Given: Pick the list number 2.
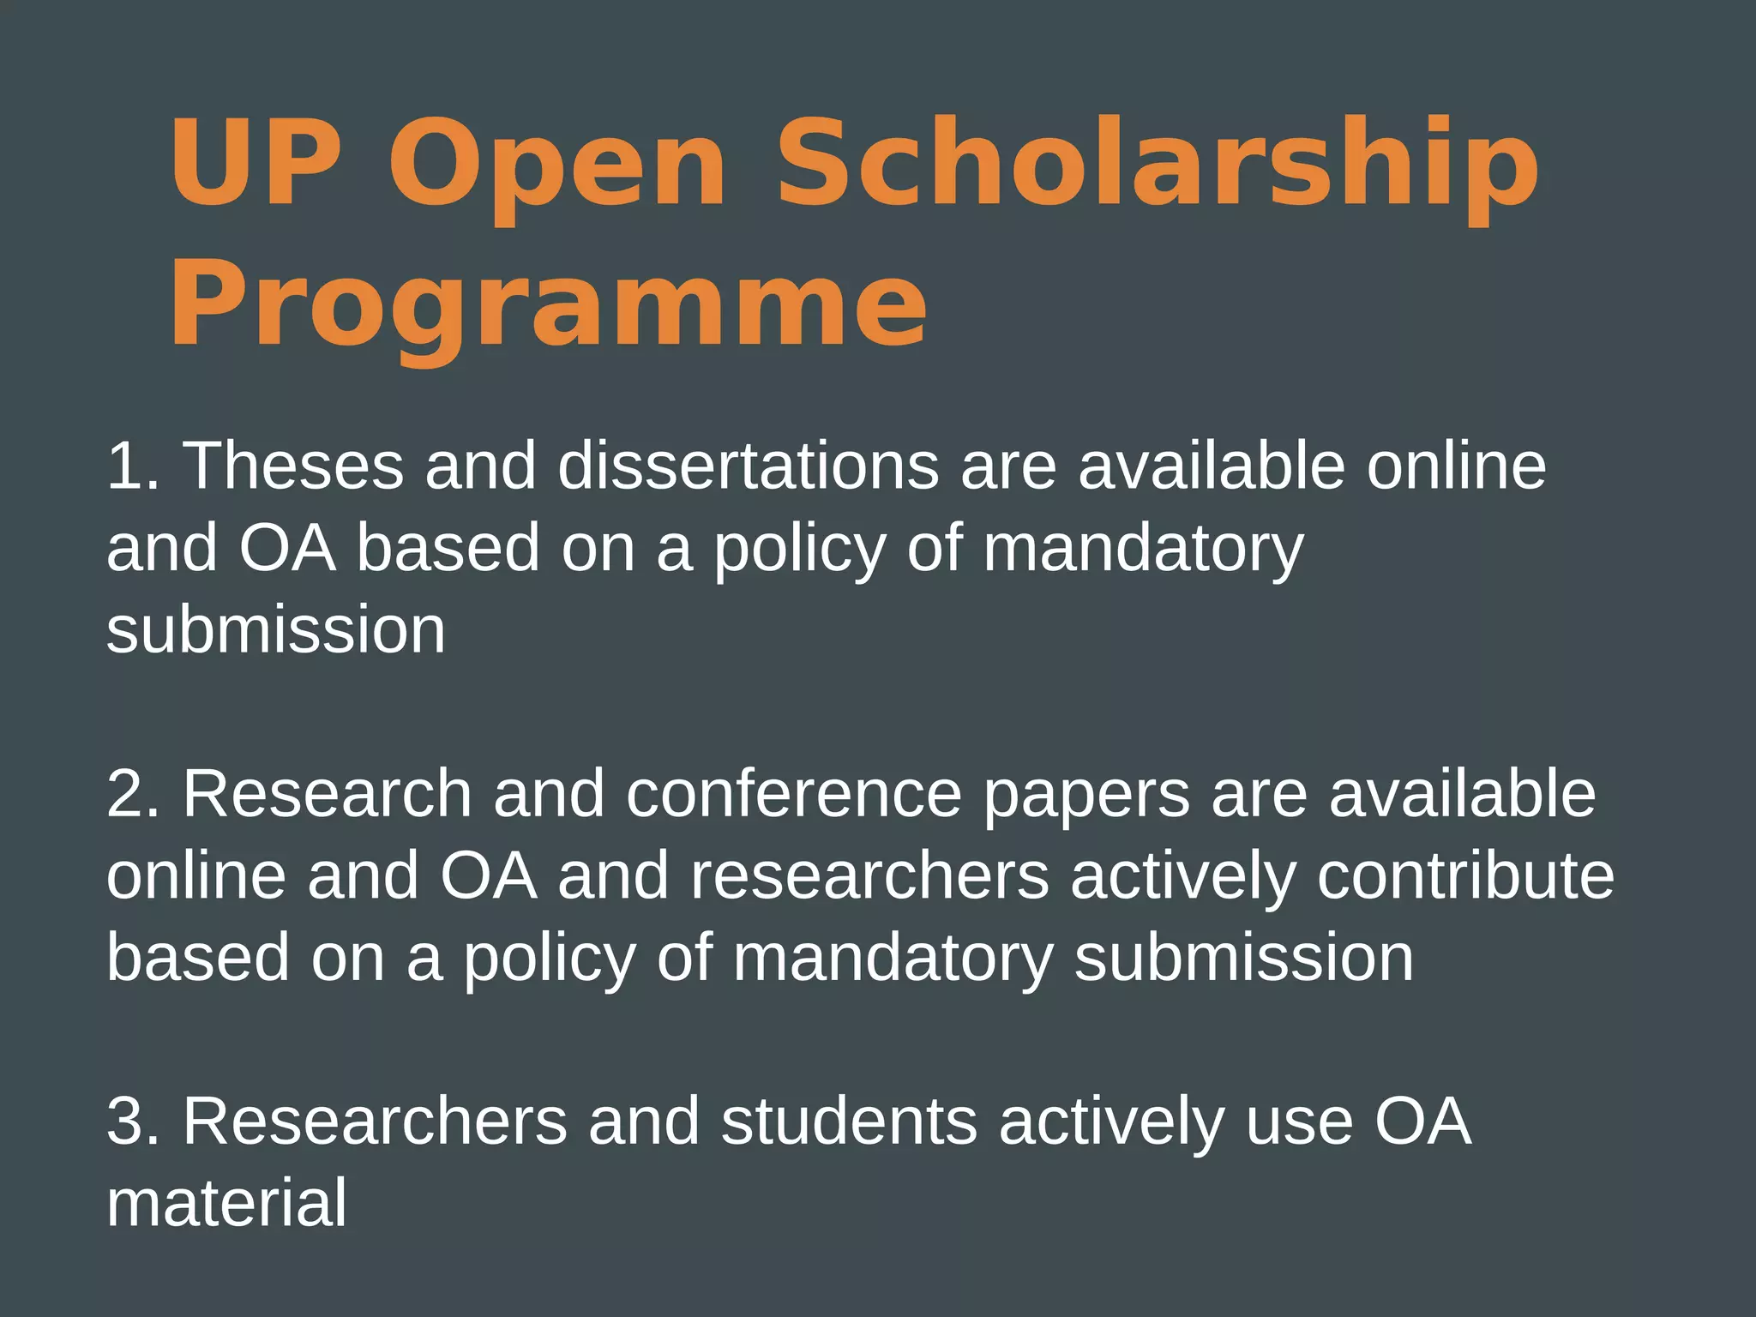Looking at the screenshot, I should click(x=133, y=794).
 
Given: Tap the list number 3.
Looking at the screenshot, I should click(x=133, y=1121).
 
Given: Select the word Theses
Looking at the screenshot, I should click(x=293, y=466).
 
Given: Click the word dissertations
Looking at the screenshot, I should click(x=749, y=466).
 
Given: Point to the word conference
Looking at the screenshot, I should click(x=794, y=794).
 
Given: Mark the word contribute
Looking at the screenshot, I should click(x=1465, y=875).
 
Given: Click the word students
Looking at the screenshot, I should click(x=849, y=1121).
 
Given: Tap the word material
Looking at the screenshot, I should click(x=227, y=1203).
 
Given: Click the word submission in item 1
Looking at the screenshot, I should click(x=276, y=630).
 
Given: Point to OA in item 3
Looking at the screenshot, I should click(x=1423, y=1121).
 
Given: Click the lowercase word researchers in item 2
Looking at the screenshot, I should click(x=869, y=876).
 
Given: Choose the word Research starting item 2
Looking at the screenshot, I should click(x=327, y=794).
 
